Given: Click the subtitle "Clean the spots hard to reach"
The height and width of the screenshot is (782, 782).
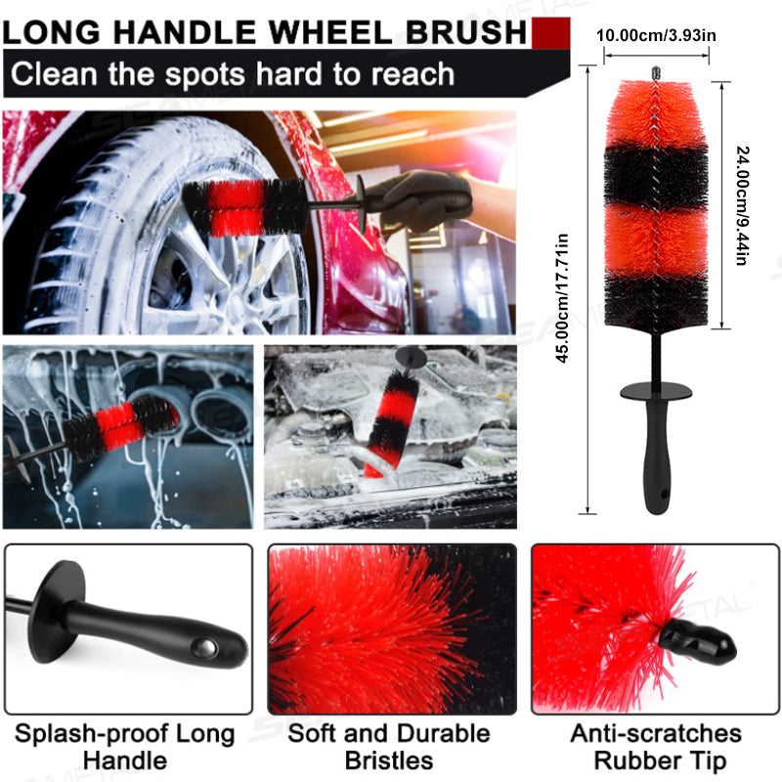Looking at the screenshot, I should coord(233,73).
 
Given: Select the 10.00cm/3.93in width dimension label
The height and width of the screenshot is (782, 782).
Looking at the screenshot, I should coord(656,35).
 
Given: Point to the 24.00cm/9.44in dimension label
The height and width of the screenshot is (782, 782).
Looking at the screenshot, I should coord(742,206).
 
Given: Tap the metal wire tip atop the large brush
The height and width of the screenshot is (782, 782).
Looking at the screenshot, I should coord(656,73).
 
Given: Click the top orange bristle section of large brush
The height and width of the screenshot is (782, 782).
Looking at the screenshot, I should coord(656,112).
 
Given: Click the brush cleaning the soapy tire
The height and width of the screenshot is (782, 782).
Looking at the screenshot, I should coord(235,205).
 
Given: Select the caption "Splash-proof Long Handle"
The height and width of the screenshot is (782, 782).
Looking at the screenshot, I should coord(124,746).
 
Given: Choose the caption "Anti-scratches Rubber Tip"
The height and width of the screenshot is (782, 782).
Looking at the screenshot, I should coord(656,746).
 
